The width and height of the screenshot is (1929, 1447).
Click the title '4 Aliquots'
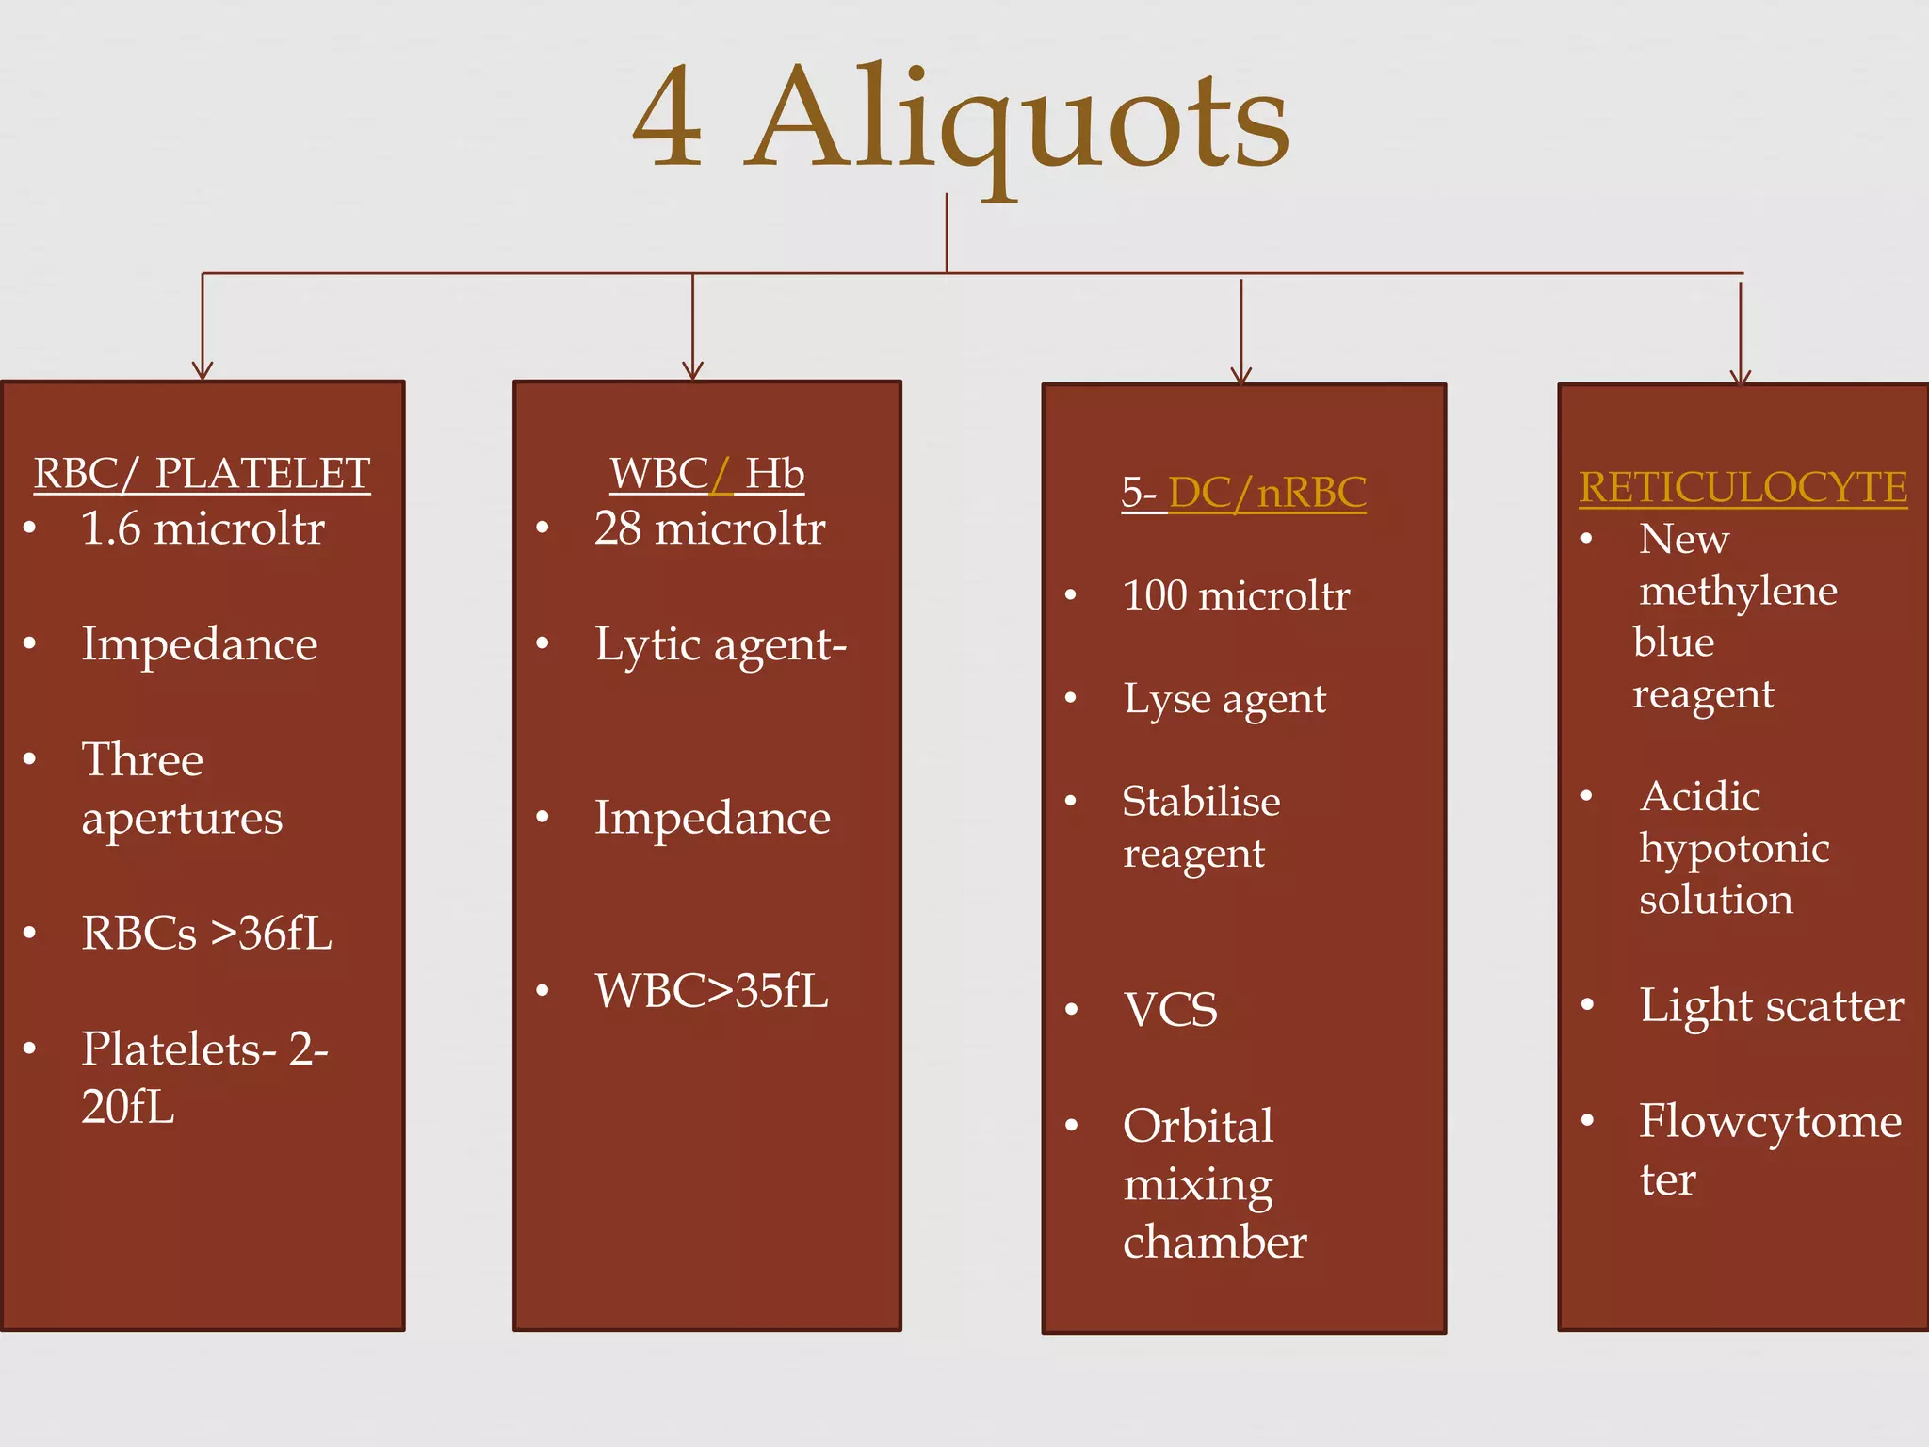961,118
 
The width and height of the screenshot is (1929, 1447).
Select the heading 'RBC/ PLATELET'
202,473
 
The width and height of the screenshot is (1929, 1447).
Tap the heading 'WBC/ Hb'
706,473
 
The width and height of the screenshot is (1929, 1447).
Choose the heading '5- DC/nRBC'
1243,492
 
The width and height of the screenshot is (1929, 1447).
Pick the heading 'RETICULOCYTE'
1743,487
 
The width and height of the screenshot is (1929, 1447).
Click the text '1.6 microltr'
203,528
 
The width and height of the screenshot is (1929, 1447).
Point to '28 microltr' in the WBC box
709,528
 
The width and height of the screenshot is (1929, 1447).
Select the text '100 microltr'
1236,595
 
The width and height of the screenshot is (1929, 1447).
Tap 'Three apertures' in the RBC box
182,788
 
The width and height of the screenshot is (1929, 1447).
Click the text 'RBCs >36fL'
206,933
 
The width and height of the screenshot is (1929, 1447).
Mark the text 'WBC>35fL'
711,991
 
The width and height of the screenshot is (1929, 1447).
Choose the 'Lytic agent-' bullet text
721,645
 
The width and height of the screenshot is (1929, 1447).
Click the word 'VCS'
1171,1010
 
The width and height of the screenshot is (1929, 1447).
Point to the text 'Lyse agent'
1224,699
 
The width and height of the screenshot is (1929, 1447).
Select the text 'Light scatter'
1771,1005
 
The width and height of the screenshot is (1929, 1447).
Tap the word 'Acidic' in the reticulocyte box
1700,797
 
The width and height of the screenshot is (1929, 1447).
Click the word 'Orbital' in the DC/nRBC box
1198,1126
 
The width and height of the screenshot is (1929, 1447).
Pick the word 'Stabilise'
1201,802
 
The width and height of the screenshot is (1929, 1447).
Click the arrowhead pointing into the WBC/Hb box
692,370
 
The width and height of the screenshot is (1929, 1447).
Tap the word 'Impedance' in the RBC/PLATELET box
200,644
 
